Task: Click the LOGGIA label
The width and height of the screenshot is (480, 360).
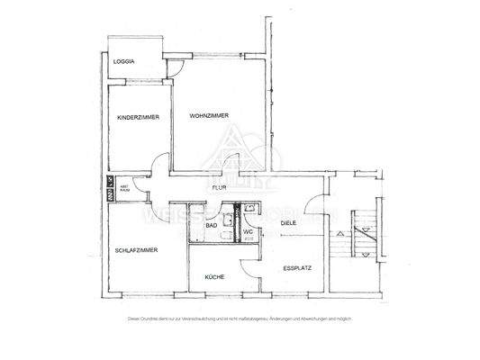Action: pyautogui.click(x=124, y=61)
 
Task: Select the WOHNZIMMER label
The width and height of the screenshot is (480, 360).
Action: pyautogui.click(x=208, y=116)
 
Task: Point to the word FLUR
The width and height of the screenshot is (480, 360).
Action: pyautogui.click(x=219, y=187)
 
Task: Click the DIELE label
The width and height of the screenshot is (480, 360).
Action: pyautogui.click(x=289, y=220)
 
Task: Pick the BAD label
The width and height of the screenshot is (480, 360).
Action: pyautogui.click(x=211, y=226)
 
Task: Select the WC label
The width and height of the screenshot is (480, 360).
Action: pyautogui.click(x=248, y=232)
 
